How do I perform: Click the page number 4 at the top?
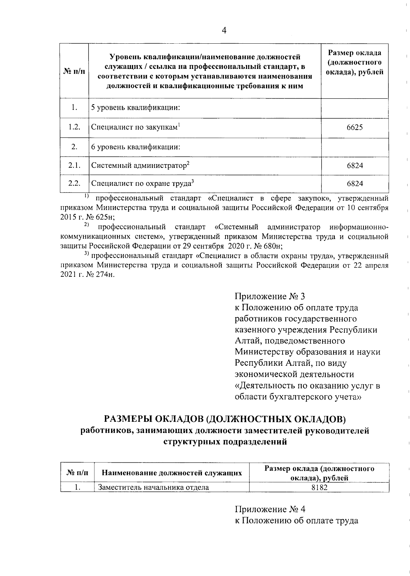pos(224,30)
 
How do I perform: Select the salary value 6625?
pos(355,128)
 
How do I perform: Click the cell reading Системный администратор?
pos(140,166)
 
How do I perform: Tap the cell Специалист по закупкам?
pos(135,127)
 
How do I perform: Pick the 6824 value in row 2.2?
pos(355,184)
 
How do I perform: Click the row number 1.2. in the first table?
pos(74,127)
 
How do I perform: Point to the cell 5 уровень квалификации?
pos(135,108)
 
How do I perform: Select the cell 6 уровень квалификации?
pos(135,147)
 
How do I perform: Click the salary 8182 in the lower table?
pos(319,487)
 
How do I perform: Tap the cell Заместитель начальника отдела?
pos(153,487)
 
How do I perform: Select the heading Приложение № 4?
pos(270,509)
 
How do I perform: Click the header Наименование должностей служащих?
pos(172,473)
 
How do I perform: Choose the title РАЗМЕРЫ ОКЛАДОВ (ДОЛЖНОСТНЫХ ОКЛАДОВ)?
pos(225,418)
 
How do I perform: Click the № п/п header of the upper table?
pos(74,72)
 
